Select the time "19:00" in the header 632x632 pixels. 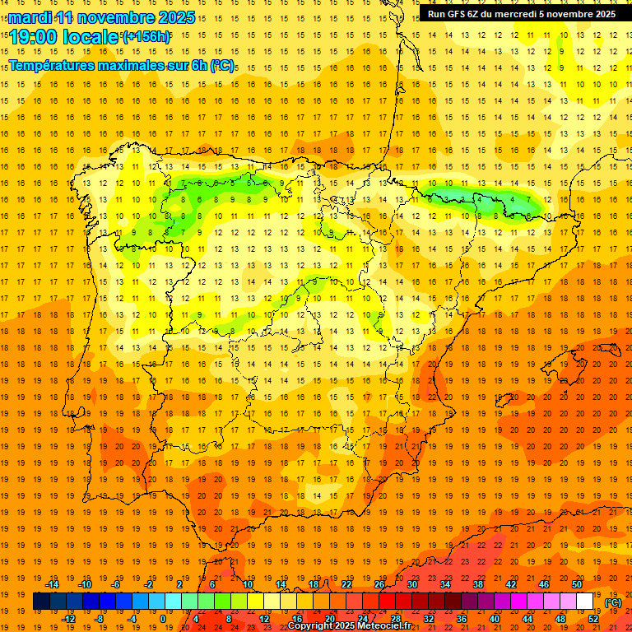point(34,37)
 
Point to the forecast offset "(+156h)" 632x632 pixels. point(146,37)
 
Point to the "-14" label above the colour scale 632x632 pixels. point(52,584)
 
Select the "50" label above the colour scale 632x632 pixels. point(577,584)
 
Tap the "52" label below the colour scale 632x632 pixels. point(593,619)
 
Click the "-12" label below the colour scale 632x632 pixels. point(69,619)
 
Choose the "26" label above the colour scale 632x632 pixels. point(379,584)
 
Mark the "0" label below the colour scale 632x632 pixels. point(163,619)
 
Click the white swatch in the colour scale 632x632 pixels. point(585,602)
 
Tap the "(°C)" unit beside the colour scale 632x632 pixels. point(613,602)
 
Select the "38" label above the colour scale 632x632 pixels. point(478,584)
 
